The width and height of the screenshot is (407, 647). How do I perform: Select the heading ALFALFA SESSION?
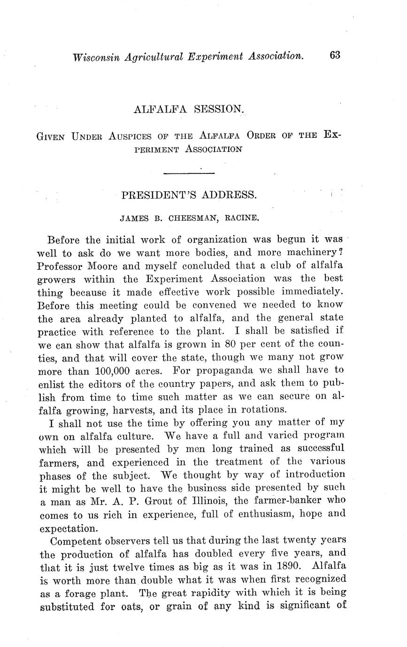(189, 110)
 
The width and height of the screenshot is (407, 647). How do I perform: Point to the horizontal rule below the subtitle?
(189, 174)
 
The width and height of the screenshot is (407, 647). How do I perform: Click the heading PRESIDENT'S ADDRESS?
(189, 196)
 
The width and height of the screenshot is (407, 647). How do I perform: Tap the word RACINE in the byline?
(242, 218)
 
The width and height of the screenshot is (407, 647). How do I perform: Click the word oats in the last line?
(128, 606)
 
